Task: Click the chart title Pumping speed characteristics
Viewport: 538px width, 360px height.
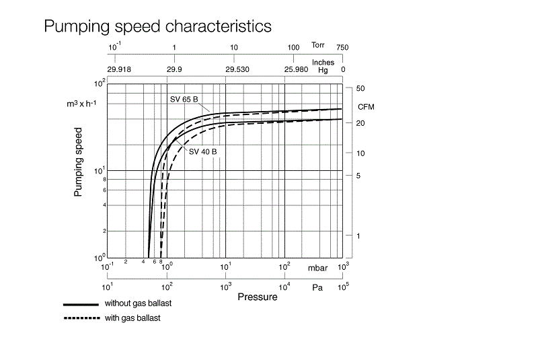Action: (x=157, y=26)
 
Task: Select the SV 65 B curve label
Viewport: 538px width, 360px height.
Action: (x=183, y=100)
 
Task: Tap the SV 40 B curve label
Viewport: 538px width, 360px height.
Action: (x=202, y=151)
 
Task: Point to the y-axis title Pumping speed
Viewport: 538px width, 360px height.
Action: (x=78, y=161)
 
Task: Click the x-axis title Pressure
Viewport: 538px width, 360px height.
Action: (x=257, y=297)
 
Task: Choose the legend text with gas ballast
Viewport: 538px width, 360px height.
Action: (x=132, y=318)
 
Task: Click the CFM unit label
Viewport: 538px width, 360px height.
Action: (x=366, y=106)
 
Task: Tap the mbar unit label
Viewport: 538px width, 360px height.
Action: (x=317, y=268)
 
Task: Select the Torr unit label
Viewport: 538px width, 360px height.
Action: (x=319, y=45)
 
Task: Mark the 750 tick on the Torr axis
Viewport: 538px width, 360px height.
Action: (x=343, y=47)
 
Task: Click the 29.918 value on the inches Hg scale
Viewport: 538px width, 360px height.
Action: (x=119, y=69)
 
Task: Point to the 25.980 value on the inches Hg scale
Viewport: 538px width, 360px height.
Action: (x=296, y=69)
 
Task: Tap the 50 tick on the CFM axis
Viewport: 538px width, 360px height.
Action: (x=360, y=89)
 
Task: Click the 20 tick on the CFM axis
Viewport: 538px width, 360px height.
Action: (x=360, y=123)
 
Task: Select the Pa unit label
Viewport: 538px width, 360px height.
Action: (x=317, y=287)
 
